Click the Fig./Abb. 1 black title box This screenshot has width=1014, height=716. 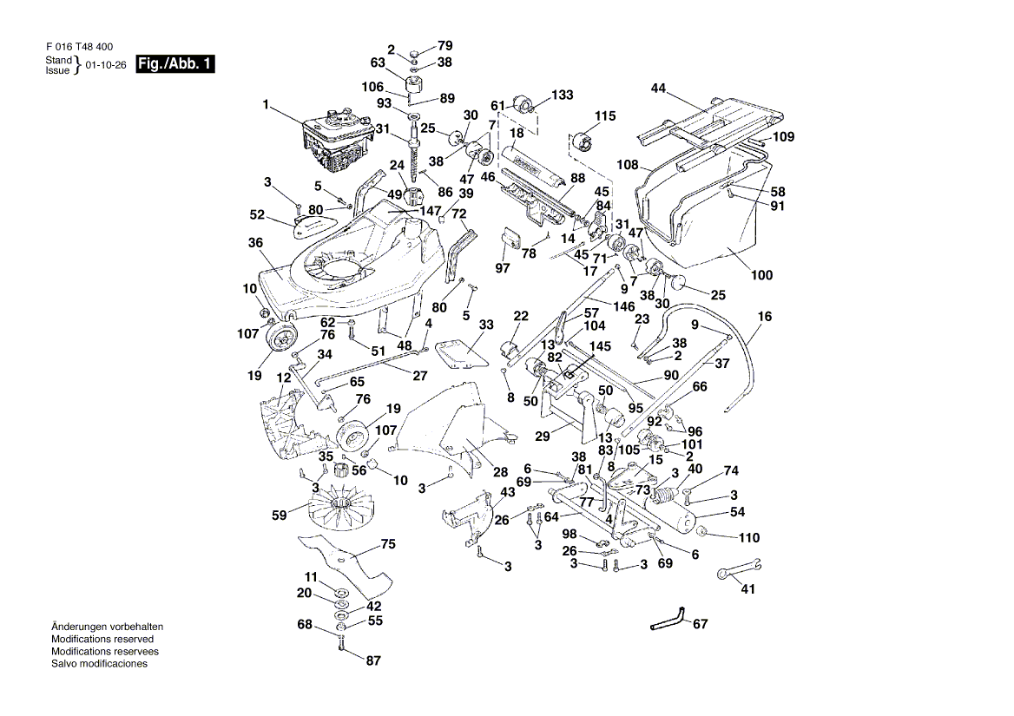tap(175, 64)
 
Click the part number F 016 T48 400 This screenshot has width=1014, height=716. tap(78, 47)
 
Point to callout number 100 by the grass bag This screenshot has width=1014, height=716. tap(761, 276)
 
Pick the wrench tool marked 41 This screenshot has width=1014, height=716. tap(738, 569)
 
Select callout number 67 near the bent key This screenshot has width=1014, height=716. tap(701, 624)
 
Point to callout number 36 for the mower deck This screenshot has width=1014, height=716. tap(254, 243)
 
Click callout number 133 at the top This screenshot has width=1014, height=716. tap(563, 95)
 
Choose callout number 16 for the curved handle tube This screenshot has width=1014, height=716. tap(764, 318)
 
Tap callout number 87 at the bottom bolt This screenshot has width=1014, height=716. tap(372, 660)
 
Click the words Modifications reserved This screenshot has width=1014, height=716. tap(102, 639)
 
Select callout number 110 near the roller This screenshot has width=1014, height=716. tap(749, 537)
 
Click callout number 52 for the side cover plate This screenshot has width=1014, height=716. tap(257, 214)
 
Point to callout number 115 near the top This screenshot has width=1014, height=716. tap(604, 116)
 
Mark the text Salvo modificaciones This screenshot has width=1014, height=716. tap(99, 664)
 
